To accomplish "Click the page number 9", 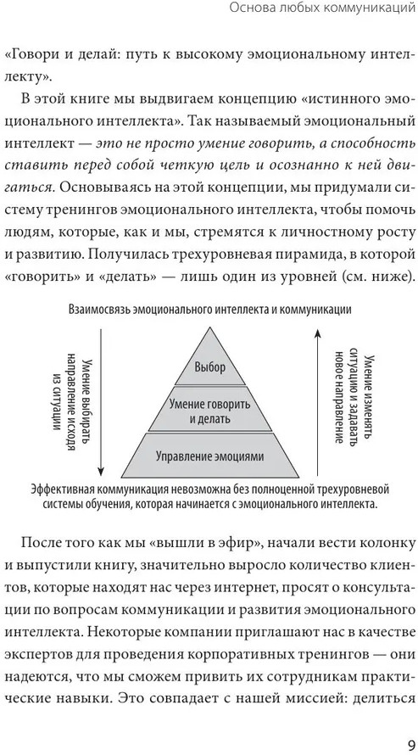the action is point(410,745).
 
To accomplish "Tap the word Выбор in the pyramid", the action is point(209,368).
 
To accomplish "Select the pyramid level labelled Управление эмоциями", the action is point(209,456).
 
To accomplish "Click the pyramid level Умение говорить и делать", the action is point(209,408).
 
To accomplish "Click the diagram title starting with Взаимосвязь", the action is point(209,310).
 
